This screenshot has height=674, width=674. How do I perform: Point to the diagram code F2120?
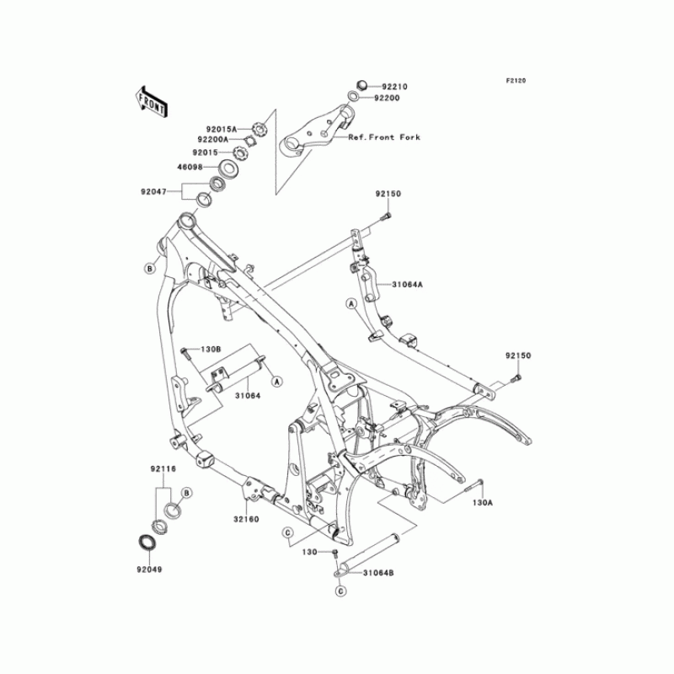[516, 81]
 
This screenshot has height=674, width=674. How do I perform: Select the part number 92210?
[394, 87]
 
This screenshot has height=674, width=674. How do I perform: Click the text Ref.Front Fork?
[383, 136]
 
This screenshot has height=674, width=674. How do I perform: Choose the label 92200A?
[215, 140]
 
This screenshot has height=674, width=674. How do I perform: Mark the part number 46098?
[191, 168]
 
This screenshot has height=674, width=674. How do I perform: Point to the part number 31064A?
[407, 285]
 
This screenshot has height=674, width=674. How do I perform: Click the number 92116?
[163, 468]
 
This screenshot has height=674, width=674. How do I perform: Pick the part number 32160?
[247, 519]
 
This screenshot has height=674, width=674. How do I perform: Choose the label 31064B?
[378, 574]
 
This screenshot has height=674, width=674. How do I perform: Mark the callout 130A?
[482, 502]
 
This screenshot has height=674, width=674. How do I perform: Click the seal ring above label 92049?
[147, 542]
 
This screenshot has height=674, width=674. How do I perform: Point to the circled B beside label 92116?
[187, 491]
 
